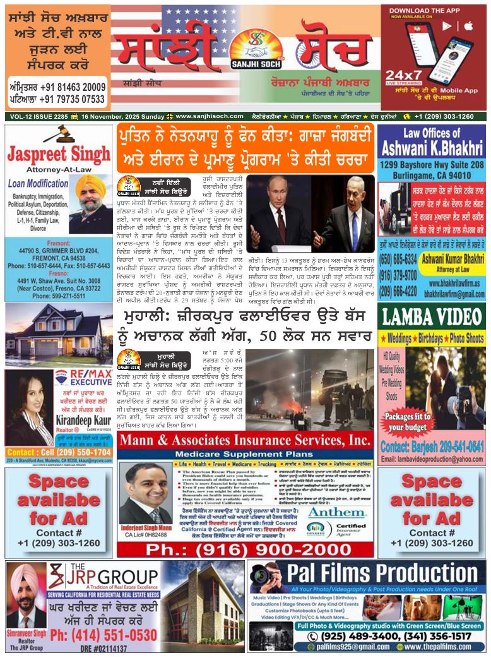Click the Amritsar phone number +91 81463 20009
pyautogui.click(x=57, y=87)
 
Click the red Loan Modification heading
pyautogui.click(x=38, y=185)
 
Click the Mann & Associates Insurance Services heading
pyautogui.click(x=245, y=440)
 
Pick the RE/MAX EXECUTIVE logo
pyautogui.click(x=82, y=378)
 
